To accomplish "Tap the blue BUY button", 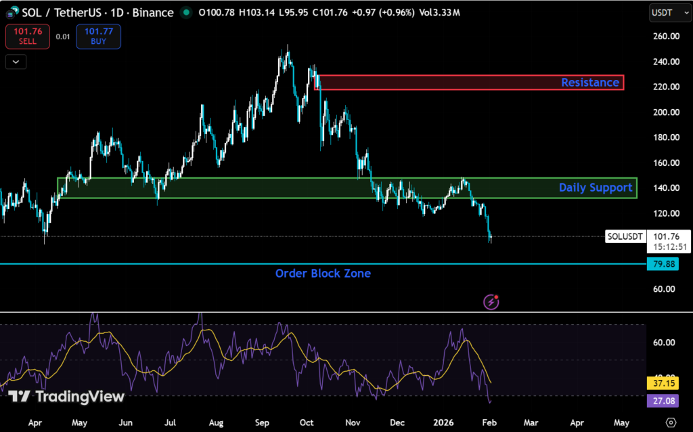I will tap(98, 36).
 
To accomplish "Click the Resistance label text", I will tap(589, 83).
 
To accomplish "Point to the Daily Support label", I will tap(595, 188).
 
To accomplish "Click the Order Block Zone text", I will tap(323, 274).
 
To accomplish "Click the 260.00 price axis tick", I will tap(666, 37).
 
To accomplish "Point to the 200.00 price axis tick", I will tap(666, 112).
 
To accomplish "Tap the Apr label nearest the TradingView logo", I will tap(35, 422).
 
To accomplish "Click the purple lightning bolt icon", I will tap(491, 302).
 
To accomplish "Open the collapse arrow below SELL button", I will tap(16, 62).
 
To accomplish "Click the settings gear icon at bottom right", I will tap(671, 422).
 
